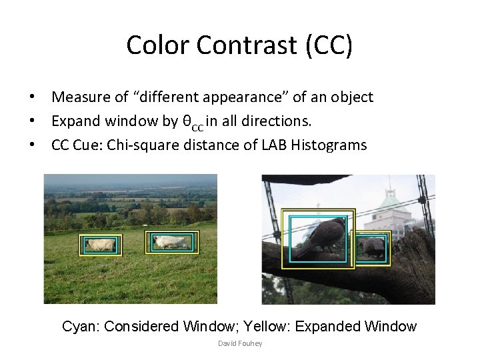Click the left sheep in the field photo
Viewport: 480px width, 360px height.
pos(101,245)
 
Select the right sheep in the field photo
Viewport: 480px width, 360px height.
pos(172,242)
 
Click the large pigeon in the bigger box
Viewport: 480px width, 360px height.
pos(318,239)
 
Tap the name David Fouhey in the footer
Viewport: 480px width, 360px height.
pos(240,343)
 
